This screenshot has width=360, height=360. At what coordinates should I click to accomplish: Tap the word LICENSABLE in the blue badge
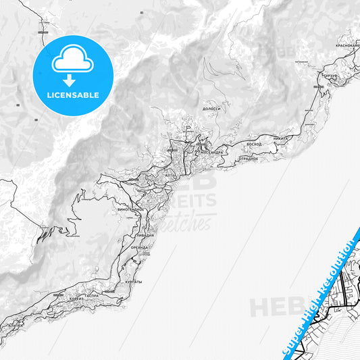click(73, 95)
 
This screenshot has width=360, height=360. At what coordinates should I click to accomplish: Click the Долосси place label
click(211, 108)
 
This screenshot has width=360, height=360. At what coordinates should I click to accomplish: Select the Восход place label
click(254, 145)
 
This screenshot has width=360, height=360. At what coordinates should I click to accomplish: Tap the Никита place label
click(280, 138)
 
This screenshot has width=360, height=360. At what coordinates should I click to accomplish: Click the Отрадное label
click(248, 158)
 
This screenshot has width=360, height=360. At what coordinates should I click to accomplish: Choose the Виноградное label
click(131, 209)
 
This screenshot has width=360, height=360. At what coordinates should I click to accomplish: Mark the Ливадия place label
click(134, 235)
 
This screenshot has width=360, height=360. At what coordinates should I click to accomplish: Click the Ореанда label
click(140, 247)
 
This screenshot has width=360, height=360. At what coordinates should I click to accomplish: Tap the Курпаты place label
click(134, 281)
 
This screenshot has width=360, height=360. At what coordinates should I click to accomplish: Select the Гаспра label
click(92, 296)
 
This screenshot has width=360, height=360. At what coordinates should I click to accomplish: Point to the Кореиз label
click(76, 298)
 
